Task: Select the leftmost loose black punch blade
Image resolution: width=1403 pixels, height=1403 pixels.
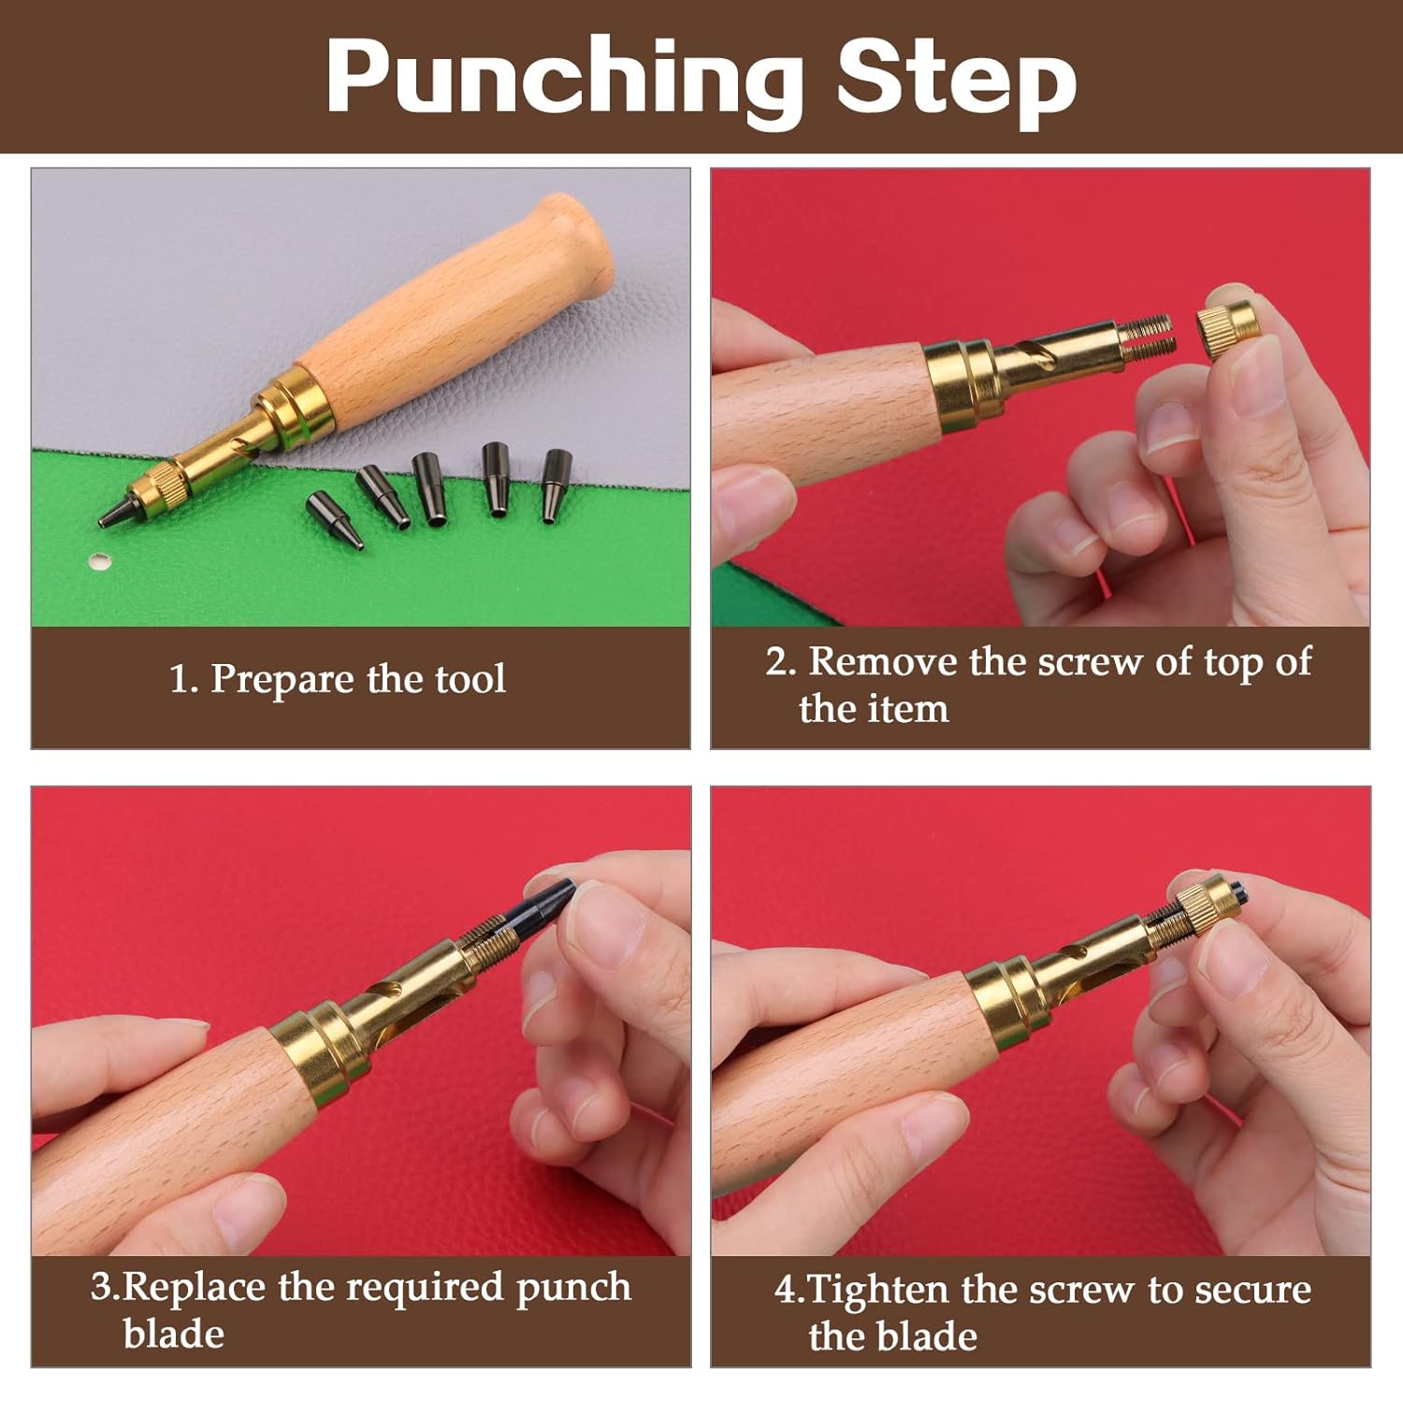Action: click(334, 521)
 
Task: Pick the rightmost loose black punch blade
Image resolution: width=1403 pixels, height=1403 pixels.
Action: click(556, 485)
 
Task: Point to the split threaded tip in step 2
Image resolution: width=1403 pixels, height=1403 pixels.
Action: click(1148, 339)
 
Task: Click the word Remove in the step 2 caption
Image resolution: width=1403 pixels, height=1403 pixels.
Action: click(884, 661)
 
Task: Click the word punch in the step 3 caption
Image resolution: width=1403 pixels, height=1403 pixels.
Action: click(573, 1287)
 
